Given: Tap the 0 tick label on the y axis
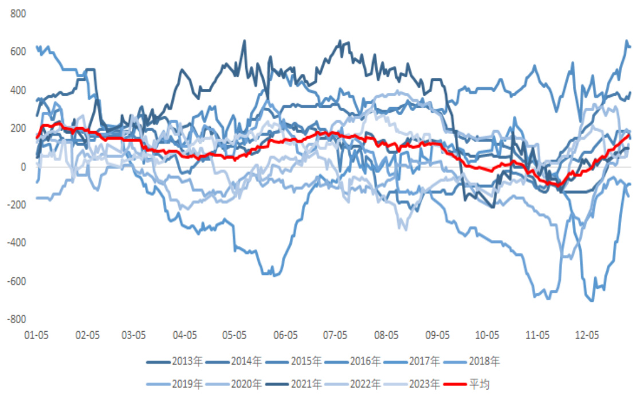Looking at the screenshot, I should point(23,167).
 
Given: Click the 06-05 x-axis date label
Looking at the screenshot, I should point(285,334).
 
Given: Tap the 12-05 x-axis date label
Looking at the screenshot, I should point(587,334).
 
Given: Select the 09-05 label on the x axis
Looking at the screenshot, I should point(437,334).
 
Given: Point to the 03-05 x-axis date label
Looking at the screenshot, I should point(134,334).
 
